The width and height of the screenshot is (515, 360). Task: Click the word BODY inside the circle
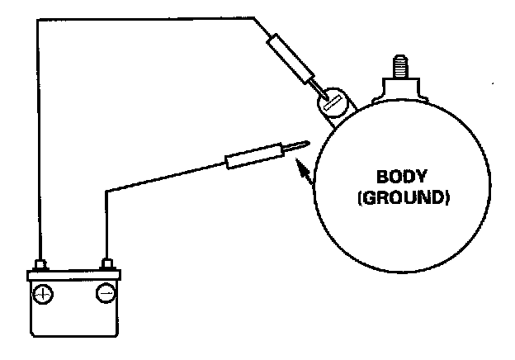[x=399, y=178]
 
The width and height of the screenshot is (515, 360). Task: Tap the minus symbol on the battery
[x=106, y=292]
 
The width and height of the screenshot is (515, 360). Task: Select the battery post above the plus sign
[x=41, y=264]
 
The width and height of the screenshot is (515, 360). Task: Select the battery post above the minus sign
[x=106, y=264]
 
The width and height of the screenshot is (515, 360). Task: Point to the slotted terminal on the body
[x=333, y=104]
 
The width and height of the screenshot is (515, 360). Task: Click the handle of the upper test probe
[x=288, y=55]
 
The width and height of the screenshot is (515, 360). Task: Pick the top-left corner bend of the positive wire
[x=37, y=17]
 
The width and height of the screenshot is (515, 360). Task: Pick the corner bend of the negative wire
[x=106, y=192]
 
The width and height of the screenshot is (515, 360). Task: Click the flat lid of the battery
[x=74, y=275]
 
